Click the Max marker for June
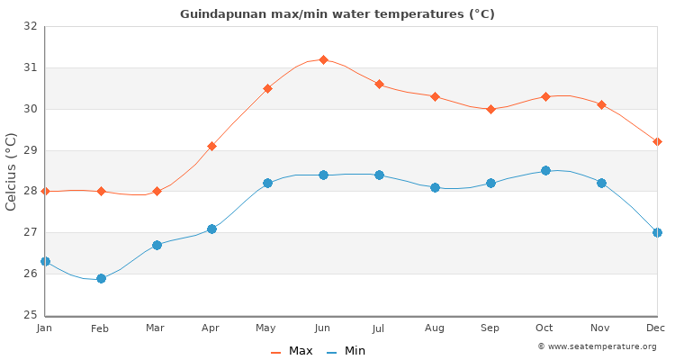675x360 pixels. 323,59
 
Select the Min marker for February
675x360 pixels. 101,278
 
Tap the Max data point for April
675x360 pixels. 211,146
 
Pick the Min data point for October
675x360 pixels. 545,170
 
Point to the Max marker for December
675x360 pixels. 657,141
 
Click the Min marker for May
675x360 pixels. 267,183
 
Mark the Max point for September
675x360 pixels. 490,109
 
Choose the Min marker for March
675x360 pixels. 157,245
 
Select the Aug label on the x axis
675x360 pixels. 435,328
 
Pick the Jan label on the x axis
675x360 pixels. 45,328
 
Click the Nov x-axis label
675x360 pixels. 601,328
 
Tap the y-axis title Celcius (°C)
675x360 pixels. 12,171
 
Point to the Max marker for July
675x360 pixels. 379,84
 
